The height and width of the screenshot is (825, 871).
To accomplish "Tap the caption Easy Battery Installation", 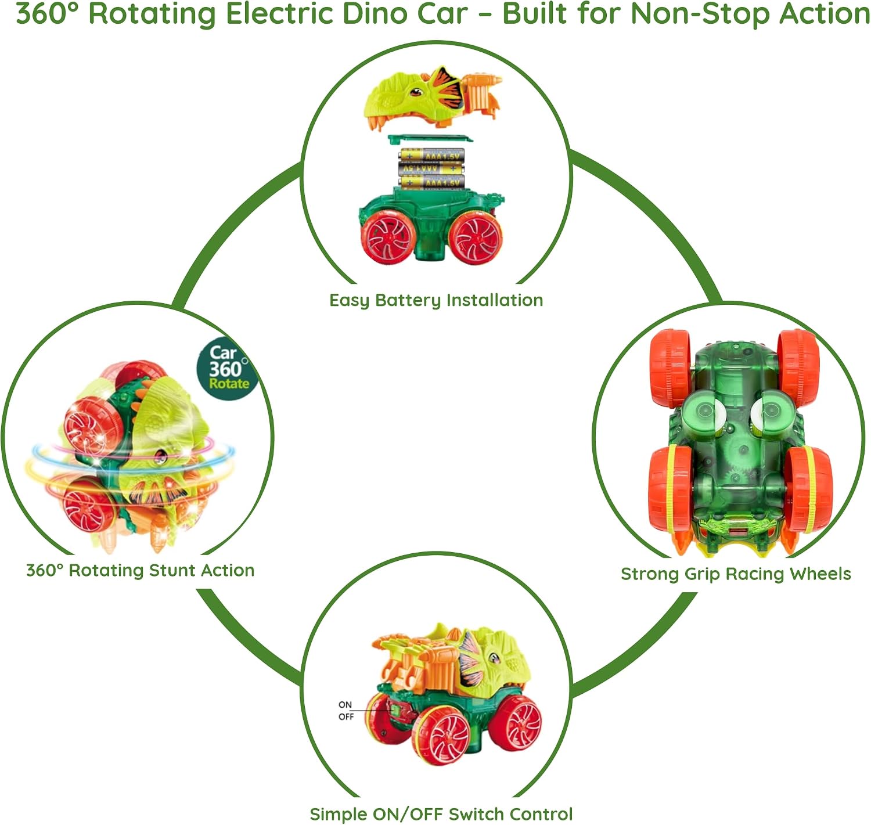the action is click(x=436, y=301).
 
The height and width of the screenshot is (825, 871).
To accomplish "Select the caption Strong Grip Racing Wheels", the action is click(x=736, y=574).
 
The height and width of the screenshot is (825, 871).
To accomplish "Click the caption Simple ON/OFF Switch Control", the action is click(x=441, y=814).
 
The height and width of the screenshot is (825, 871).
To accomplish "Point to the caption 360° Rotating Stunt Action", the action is click(x=141, y=571).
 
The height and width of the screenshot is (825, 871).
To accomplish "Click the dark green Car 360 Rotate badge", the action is click(x=227, y=369).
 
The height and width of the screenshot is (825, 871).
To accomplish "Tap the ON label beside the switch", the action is click(x=345, y=704).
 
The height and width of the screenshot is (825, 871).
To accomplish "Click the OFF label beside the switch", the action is click(x=346, y=717).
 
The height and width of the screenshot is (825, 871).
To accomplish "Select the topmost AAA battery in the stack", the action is click(x=431, y=155).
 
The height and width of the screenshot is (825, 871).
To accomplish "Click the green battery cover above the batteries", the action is click(x=429, y=139).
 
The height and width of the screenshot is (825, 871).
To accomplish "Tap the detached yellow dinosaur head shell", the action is click(x=432, y=96).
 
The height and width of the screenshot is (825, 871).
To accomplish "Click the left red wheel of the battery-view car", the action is click(x=389, y=237).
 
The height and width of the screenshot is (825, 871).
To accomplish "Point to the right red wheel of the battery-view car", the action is click(x=476, y=237).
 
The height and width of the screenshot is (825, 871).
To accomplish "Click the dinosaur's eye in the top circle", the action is click(x=416, y=92).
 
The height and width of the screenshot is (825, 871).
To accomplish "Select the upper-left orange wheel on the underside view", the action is click(x=670, y=368).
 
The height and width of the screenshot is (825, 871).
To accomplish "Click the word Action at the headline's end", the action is click(x=825, y=13).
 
